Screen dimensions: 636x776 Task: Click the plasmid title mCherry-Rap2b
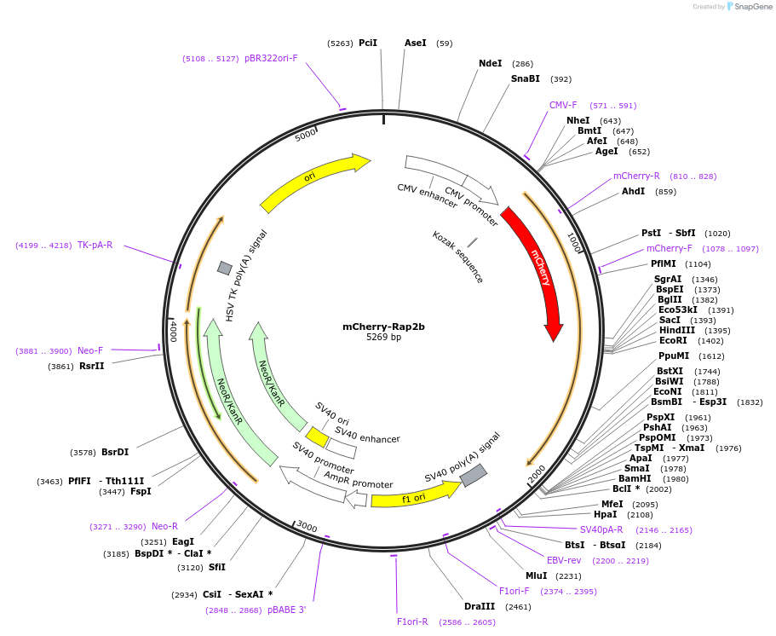(383, 327)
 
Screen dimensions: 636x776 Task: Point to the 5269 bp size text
(383, 338)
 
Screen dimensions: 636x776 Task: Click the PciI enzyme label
(367, 43)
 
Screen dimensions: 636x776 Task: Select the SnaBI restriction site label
(526, 78)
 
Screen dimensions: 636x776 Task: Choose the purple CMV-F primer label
(563, 106)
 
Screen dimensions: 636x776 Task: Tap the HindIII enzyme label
(676, 330)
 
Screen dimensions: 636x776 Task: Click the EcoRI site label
(673, 340)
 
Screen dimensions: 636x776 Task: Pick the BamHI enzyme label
(635, 478)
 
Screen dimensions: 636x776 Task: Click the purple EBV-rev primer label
(564, 560)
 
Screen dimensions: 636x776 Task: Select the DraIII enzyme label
(480, 606)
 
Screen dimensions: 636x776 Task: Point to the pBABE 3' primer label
(286, 610)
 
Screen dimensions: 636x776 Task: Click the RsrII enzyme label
(92, 366)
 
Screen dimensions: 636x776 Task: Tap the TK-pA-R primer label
(95, 246)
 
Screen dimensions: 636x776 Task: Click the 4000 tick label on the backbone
(173, 331)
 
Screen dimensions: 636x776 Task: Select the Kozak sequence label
(458, 257)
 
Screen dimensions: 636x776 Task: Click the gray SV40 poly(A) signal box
(474, 475)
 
